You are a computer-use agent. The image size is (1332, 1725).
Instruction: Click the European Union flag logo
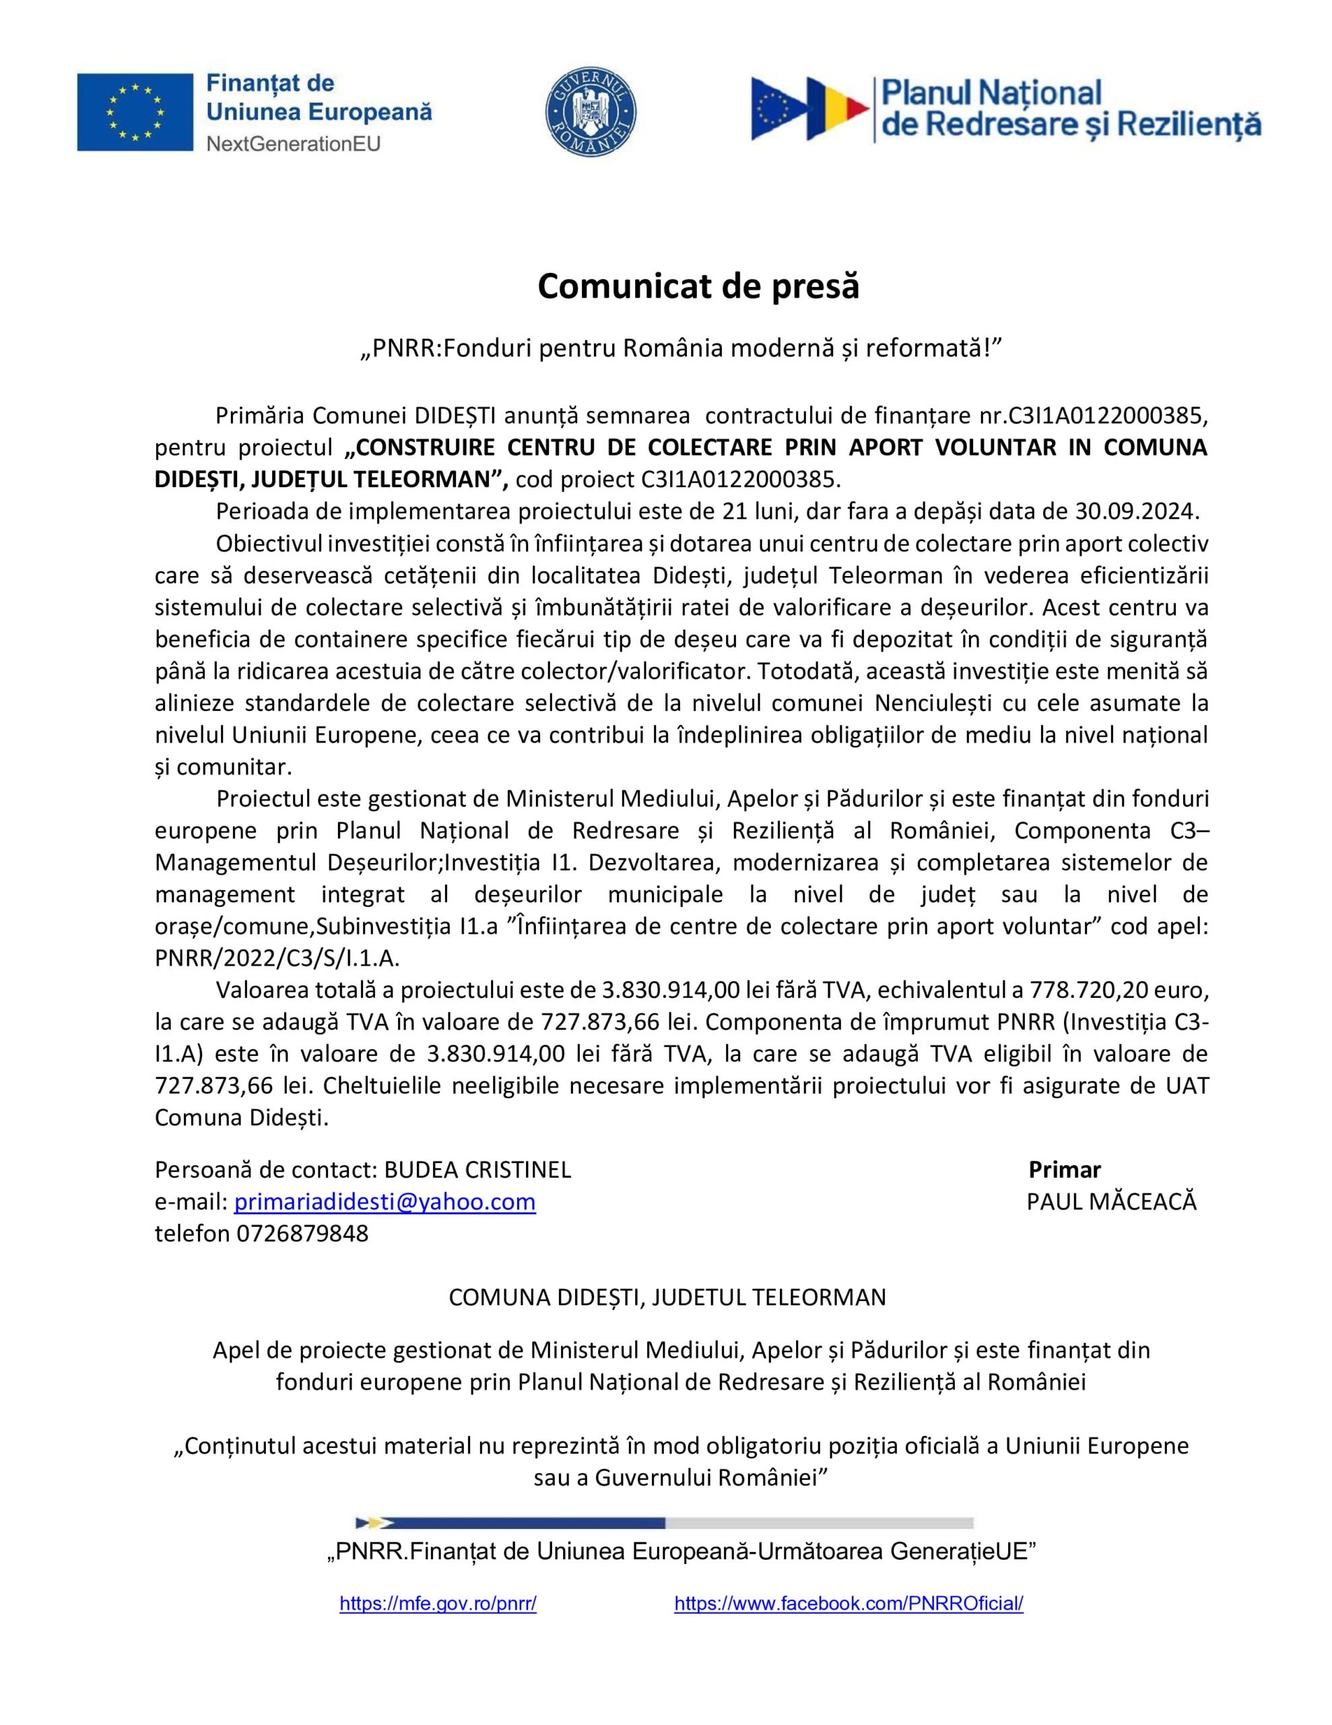click(x=135, y=112)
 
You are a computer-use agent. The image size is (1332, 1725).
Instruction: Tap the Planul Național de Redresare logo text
click(x=1070, y=109)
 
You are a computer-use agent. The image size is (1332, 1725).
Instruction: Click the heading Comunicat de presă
click(x=698, y=286)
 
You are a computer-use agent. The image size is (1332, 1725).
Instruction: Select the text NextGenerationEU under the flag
click(x=293, y=144)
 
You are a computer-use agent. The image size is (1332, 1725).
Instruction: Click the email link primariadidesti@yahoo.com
click(x=385, y=1201)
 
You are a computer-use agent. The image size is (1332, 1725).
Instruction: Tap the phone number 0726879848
click(x=302, y=1233)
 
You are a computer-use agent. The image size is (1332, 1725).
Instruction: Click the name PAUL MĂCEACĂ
click(x=1111, y=1201)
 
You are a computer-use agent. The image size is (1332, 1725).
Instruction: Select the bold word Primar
click(x=1065, y=1170)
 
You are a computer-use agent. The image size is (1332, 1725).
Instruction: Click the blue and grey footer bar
click(x=664, y=1523)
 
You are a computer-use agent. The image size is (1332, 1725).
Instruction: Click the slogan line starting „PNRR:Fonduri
click(x=681, y=348)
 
